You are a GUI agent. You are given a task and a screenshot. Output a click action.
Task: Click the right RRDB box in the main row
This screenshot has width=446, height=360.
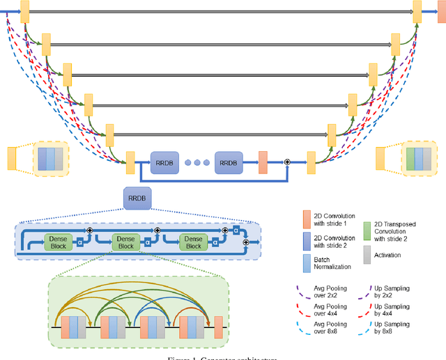(228, 162)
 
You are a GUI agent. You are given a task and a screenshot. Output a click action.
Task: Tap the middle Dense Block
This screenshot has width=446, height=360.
(125, 242)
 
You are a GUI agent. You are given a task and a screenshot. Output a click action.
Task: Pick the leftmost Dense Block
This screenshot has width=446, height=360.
(58, 242)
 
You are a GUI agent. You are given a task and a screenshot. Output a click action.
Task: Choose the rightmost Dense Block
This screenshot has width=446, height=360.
(193, 242)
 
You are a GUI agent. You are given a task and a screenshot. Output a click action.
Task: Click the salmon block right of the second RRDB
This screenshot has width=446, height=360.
(263, 162)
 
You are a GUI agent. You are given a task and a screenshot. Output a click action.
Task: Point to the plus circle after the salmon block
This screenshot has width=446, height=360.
(286, 162)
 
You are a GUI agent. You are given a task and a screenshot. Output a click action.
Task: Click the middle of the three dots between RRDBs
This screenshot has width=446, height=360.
(197, 162)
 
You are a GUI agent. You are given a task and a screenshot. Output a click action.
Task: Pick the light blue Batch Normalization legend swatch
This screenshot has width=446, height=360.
(307, 264)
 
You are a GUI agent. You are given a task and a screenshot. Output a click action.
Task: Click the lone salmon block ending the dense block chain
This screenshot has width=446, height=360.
(217, 327)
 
